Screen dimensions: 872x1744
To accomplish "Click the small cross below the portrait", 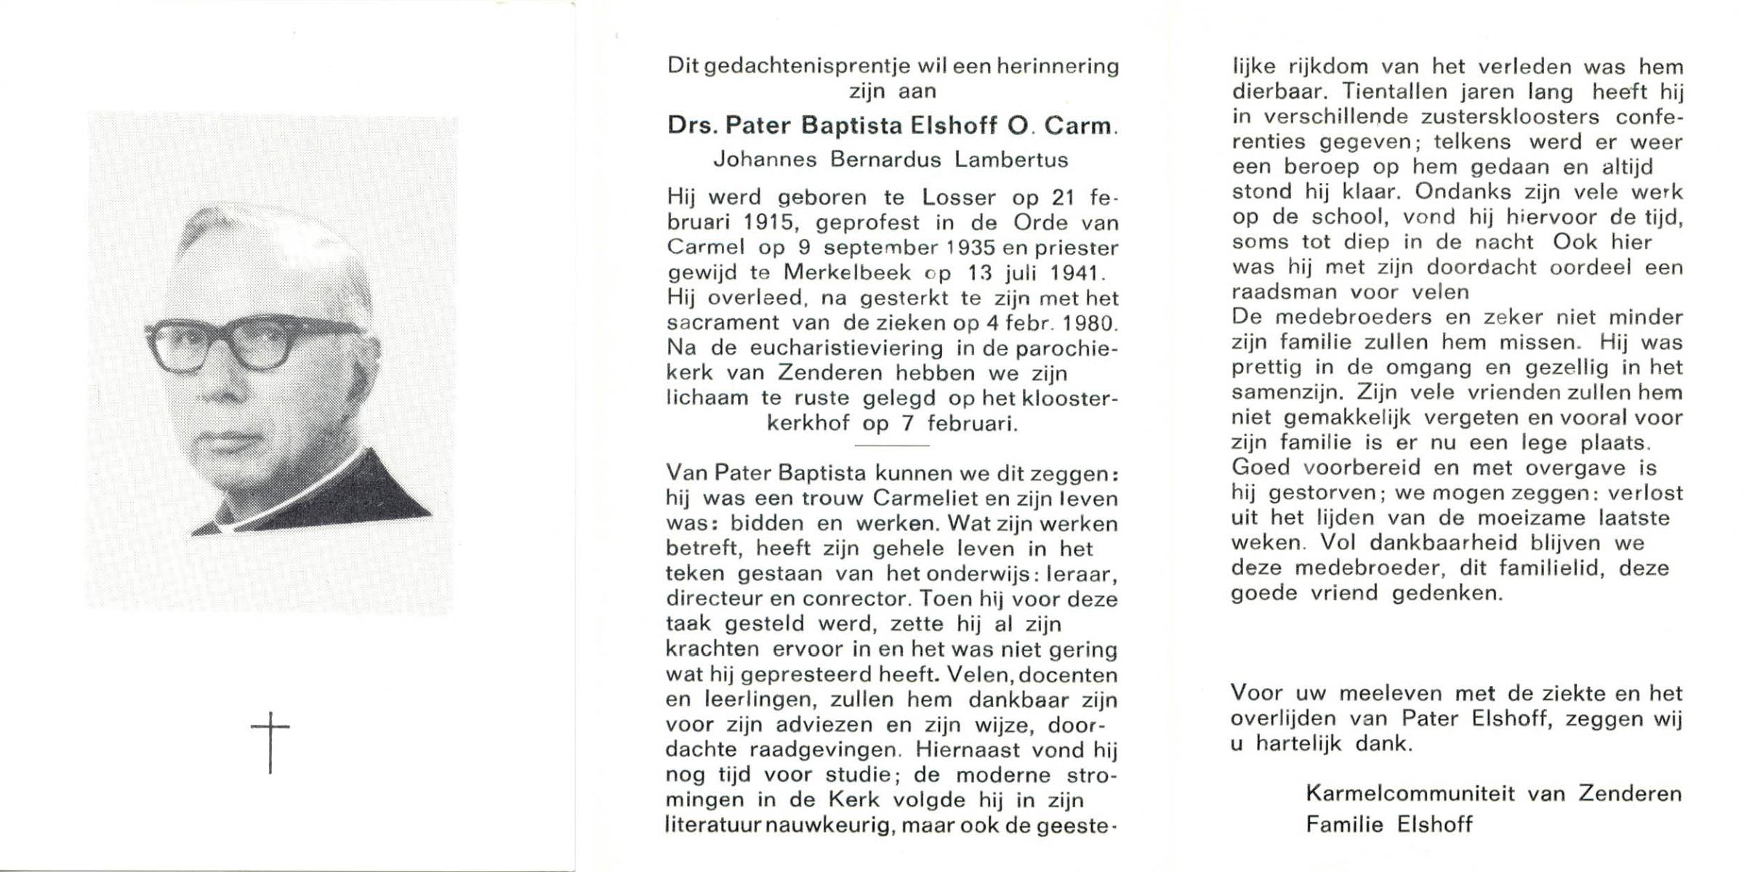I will click(x=270, y=741).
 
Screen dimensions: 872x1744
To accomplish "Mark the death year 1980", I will click(x=1088, y=323).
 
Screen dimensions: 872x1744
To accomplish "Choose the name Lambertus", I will click(x=1010, y=160).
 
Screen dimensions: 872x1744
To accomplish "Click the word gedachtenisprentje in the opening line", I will click(x=798, y=67).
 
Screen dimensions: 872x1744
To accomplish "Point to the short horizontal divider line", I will click(x=891, y=445).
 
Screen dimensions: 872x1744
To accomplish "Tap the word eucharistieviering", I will click(x=836, y=348).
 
